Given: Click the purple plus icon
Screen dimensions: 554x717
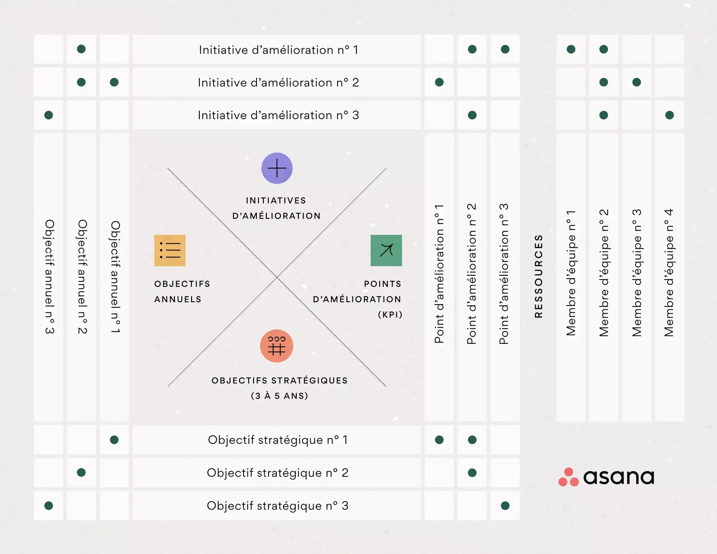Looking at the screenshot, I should click(277, 168).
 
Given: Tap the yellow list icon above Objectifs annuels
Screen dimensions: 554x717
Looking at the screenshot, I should click(169, 251).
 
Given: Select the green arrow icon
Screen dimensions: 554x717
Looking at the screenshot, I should click(386, 251).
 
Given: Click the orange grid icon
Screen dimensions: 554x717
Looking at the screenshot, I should click(277, 346).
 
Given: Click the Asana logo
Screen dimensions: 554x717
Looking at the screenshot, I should click(606, 477).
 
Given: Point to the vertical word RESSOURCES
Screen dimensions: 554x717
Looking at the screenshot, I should click(538, 276).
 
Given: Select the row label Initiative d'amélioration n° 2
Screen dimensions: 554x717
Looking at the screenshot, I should click(278, 82).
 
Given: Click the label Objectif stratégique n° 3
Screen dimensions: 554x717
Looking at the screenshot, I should click(277, 506).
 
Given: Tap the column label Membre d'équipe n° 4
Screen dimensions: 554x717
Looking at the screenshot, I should click(669, 273).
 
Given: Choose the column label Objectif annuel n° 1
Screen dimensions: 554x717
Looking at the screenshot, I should click(115, 277).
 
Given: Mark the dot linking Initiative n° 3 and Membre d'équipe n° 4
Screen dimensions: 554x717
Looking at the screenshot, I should click(669, 115).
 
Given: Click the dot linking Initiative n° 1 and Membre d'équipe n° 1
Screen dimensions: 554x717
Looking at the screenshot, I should click(571, 50).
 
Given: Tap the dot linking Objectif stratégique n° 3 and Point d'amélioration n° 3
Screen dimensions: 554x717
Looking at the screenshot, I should click(505, 506).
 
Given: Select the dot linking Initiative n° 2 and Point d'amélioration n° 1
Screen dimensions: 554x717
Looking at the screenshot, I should click(439, 82).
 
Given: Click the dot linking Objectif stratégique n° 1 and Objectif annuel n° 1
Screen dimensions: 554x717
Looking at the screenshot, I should click(114, 440).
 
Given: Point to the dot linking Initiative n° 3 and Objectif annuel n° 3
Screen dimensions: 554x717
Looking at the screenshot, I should click(49, 115).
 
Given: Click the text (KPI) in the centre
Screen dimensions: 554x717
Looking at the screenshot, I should click(390, 315).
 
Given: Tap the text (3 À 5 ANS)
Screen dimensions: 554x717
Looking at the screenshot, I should click(279, 396).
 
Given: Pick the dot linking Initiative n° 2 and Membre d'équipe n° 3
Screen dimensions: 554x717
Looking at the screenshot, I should click(636, 82).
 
